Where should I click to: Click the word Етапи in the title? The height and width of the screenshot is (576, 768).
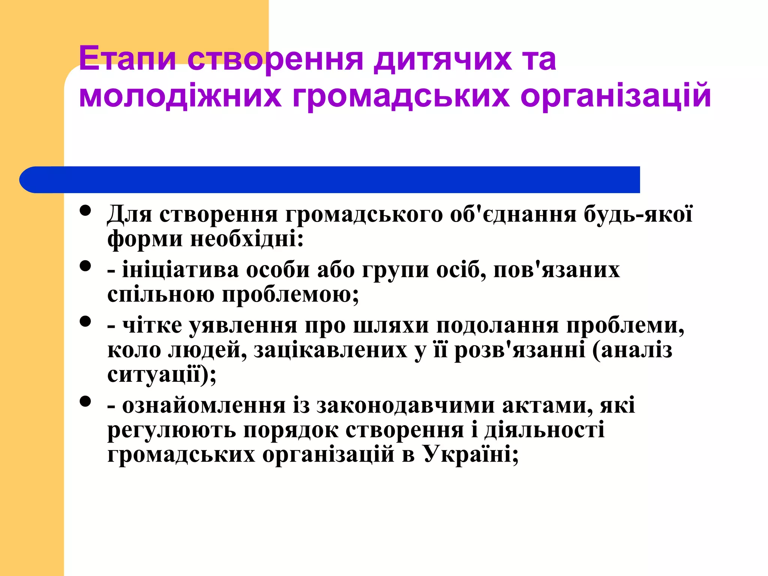pyautogui.click(x=127, y=59)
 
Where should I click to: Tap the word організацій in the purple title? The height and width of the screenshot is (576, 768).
pyautogui.click(x=615, y=96)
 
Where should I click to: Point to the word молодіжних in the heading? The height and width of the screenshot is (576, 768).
pyautogui.click(x=180, y=96)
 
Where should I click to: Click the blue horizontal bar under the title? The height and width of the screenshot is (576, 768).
pyautogui.click(x=330, y=180)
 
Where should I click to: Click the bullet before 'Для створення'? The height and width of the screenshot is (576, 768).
pyautogui.click(x=85, y=210)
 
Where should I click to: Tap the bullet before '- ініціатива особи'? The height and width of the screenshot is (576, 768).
pyautogui.click(x=85, y=266)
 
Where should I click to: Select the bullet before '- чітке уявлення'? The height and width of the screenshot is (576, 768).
pyautogui.click(x=85, y=322)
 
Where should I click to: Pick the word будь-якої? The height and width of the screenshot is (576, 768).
pyautogui.click(x=638, y=214)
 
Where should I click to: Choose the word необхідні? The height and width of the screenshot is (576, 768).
pyautogui.click(x=247, y=239)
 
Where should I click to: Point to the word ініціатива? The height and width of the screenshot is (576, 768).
pyautogui.click(x=180, y=270)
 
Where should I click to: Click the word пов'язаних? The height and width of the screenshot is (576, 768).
pyautogui.click(x=556, y=270)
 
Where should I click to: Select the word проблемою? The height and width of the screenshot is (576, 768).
pyautogui.click(x=290, y=294)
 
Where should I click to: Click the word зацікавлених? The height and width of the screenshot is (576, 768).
pyautogui.click(x=330, y=350)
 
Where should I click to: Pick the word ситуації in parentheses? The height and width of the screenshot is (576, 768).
pyautogui.click(x=154, y=374)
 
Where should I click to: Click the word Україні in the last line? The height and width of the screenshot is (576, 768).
pyautogui.click(x=471, y=454)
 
